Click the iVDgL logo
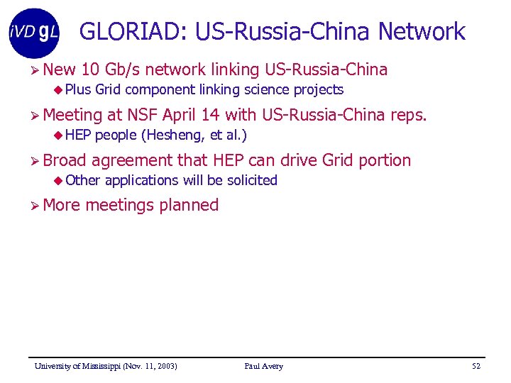click(35, 33)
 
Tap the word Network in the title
click(422, 32)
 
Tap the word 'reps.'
click(407, 115)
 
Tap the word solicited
click(252, 180)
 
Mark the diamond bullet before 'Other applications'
click(59, 180)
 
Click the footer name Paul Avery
click(263, 366)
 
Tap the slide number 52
click(476, 366)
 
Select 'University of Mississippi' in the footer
click(78, 366)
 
